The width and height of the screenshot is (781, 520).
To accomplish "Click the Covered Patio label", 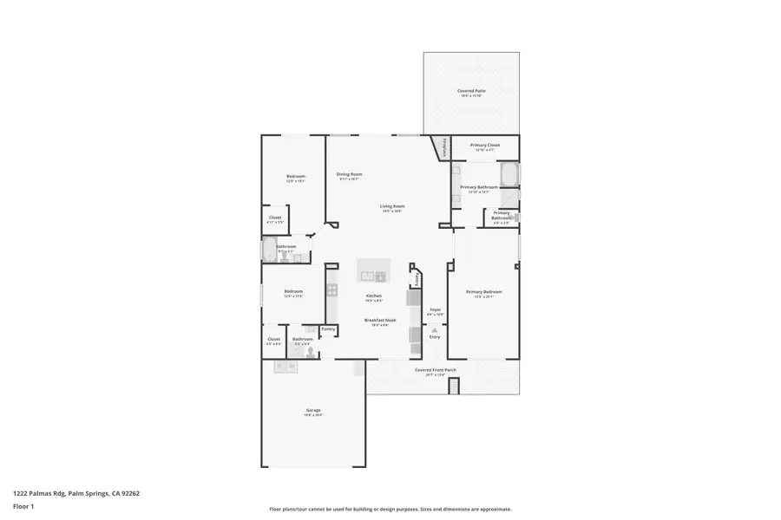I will [x=471, y=91].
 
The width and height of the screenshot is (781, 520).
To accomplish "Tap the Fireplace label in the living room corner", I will [x=445, y=148].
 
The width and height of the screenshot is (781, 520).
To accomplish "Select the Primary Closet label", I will [x=484, y=146].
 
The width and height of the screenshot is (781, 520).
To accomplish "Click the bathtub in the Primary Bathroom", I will [x=509, y=174].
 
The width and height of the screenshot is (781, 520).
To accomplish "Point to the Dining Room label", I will [x=349, y=174].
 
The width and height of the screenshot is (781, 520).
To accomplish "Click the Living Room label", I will [x=392, y=206].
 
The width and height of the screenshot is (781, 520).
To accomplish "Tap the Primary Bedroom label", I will [x=483, y=292].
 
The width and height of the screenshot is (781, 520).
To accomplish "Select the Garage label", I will [x=313, y=410].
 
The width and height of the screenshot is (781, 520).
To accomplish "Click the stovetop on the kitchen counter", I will [x=331, y=290].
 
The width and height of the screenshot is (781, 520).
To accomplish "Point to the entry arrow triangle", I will [x=435, y=330].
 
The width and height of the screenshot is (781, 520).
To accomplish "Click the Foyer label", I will [x=436, y=309].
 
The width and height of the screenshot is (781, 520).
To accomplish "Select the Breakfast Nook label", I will [x=380, y=320].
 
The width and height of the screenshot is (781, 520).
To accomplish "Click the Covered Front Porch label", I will [x=436, y=370].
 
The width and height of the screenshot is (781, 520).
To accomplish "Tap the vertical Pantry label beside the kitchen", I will [x=417, y=279].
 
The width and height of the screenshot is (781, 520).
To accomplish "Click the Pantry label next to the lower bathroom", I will [x=328, y=329].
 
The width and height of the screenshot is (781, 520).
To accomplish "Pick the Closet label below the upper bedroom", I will [x=274, y=218].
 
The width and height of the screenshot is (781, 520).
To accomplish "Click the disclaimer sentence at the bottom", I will [x=390, y=510].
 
